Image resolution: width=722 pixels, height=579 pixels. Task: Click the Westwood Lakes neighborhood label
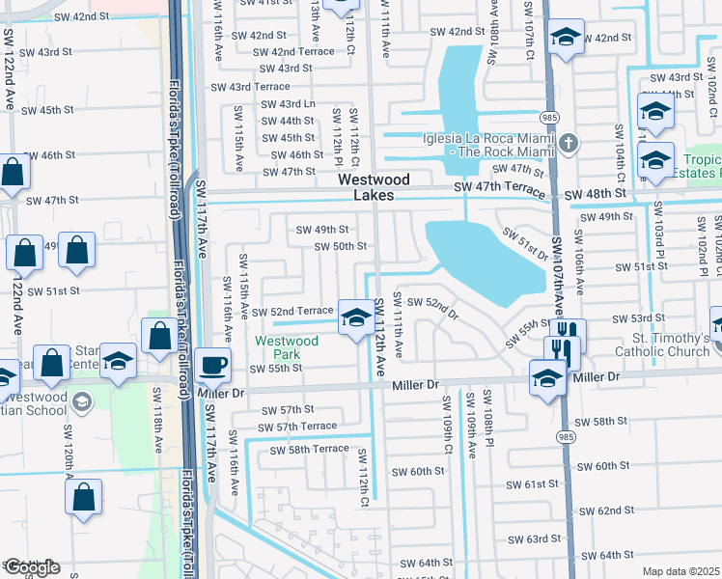click(374, 188)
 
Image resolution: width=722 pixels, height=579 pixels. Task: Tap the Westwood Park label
click(287, 347)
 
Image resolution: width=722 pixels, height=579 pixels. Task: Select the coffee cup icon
click(213, 367)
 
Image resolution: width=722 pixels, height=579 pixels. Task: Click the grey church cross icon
click(569, 145)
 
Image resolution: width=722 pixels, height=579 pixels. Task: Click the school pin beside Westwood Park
click(356, 317)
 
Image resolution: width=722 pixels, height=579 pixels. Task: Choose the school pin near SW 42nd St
click(564, 39)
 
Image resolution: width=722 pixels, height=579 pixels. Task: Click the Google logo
click(31, 567)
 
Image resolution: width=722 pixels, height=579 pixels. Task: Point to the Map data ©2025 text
click(680, 571)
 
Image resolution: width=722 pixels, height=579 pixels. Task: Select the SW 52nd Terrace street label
click(292, 312)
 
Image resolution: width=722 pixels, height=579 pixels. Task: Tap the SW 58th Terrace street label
click(309, 450)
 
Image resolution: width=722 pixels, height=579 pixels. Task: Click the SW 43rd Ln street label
click(284, 103)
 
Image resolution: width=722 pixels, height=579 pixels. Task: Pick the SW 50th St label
click(341, 246)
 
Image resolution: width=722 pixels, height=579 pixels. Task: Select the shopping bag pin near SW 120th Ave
click(84, 497)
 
